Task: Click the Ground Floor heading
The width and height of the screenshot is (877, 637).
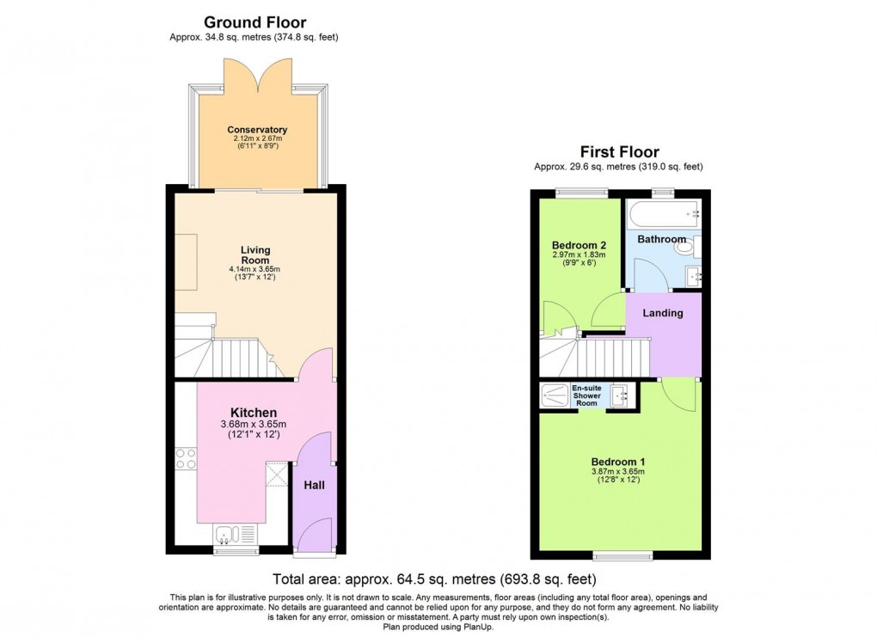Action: click(255, 22)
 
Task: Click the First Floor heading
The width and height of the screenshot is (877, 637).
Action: click(619, 151)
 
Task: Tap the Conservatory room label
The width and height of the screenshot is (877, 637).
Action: click(257, 130)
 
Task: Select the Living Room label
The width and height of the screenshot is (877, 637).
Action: click(255, 255)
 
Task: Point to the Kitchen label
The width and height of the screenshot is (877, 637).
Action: click(254, 413)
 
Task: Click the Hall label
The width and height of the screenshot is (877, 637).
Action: click(315, 486)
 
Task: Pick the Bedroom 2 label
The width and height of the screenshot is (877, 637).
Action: click(579, 245)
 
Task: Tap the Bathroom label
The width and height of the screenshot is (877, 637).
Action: click(662, 239)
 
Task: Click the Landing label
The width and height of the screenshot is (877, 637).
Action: click(663, 313)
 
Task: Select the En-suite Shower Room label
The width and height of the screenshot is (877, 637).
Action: click(586, 395)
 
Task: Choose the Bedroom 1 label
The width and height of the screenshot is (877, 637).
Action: click(618, 462)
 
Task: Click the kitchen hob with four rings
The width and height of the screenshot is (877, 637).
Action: click(186, 458)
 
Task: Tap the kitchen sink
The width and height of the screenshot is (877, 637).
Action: click(236, 534)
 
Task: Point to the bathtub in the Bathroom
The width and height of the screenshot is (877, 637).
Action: click(664, 214)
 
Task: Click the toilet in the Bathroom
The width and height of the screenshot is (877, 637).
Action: click(688, 246)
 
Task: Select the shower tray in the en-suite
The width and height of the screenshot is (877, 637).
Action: click(555, 395)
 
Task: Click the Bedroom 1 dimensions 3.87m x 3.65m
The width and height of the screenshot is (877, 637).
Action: click(618, 471)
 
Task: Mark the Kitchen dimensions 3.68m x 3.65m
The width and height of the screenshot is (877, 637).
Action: click(254, 424)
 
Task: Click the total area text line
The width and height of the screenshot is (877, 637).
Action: click(434, 579)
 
